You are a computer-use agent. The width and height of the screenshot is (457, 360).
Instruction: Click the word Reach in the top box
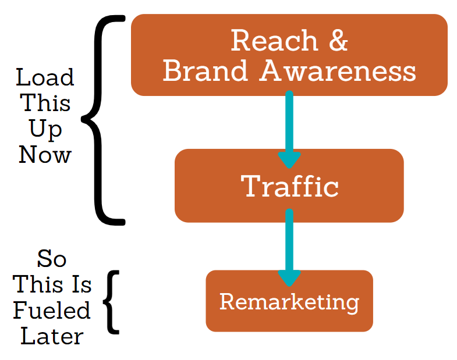point(274,41)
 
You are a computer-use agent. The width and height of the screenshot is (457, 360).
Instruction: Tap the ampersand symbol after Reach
point(338,41)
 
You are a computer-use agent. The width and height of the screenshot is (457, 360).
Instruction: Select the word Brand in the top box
point(205,70)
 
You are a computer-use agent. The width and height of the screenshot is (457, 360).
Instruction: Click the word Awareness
point(338,70)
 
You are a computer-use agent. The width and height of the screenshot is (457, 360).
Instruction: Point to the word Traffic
point(290,186)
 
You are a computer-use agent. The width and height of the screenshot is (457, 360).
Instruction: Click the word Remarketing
point(289,302)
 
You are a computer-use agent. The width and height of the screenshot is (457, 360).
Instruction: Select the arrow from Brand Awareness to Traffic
point(289,129)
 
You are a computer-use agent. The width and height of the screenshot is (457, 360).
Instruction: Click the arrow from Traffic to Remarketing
point(289,248)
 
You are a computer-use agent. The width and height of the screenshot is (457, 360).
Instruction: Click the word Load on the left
point(45,77)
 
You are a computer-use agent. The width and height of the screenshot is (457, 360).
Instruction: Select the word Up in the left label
point(45,129)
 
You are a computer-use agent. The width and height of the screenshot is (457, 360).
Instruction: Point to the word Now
point(45,154)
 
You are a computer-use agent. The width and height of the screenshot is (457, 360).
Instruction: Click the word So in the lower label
point(52,259)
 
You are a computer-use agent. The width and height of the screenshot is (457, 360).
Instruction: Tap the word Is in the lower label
point(82,284)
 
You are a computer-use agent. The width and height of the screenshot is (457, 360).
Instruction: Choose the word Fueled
point(52,311)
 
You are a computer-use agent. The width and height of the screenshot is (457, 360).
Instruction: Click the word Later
point(52,336)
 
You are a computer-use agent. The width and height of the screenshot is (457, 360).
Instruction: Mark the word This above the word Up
point(45,102)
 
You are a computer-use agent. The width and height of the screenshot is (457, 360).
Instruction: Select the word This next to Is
point(38,284)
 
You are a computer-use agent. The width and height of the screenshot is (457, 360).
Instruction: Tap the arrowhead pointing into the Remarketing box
point(289,278)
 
